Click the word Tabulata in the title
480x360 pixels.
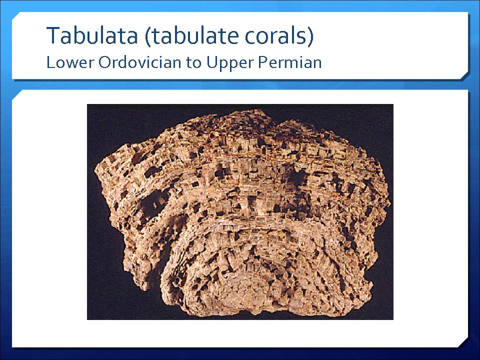[x=92, y=35]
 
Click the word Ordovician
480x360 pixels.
[x=139, y=62]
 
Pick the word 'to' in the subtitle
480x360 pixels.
[x=193, y=63]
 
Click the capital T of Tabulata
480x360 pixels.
[x=53, y=35]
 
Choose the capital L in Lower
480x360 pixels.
[x=50, y=62]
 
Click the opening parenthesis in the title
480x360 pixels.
[x=148, y=36]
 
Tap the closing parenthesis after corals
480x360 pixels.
[x=310, y=36]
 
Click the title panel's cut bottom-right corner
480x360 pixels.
[x=464, y=76]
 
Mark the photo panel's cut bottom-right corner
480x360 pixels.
[x=464, y=343]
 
